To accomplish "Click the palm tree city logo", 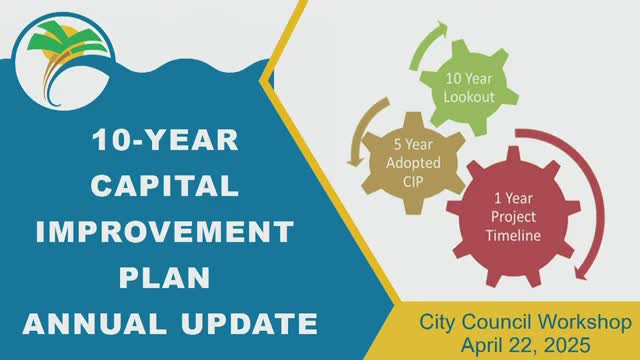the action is pyautogui.click(x=62, y=61).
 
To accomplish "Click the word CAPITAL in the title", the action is pyautogui.click(x=164, y=186).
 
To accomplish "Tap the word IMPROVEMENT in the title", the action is pyautogui.click(x=165, y=231).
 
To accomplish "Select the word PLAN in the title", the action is pyautogui.click(x=165, y=278).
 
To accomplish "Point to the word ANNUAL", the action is pyautogui.click(x=95, y=324).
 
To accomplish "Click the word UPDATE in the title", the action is pyautogui.click(x=249, y=324).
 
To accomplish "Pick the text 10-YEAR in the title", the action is pyautogui.click(x=165, y=140).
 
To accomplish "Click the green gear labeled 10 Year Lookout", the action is pyautogui.click(x=469, y=87).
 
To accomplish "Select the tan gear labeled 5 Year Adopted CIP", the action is pyautogui.click(x=413, y=163).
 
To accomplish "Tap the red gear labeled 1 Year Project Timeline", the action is pyautogui.click(x=513, y=217).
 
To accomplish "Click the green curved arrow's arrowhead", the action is pyautogui.click(x=442, y=28).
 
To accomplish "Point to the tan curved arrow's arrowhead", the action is pyautogui.click(x=356, y=161).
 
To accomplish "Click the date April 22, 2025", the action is pyautogui.click(x=526, y=345).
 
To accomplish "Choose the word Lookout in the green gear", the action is pyautogui.click(x=469, y=97).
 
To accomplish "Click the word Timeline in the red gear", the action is pyautogui.click(x=513, y=236).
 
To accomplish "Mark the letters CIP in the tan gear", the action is pyautogui.click(x=413, y=182).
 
